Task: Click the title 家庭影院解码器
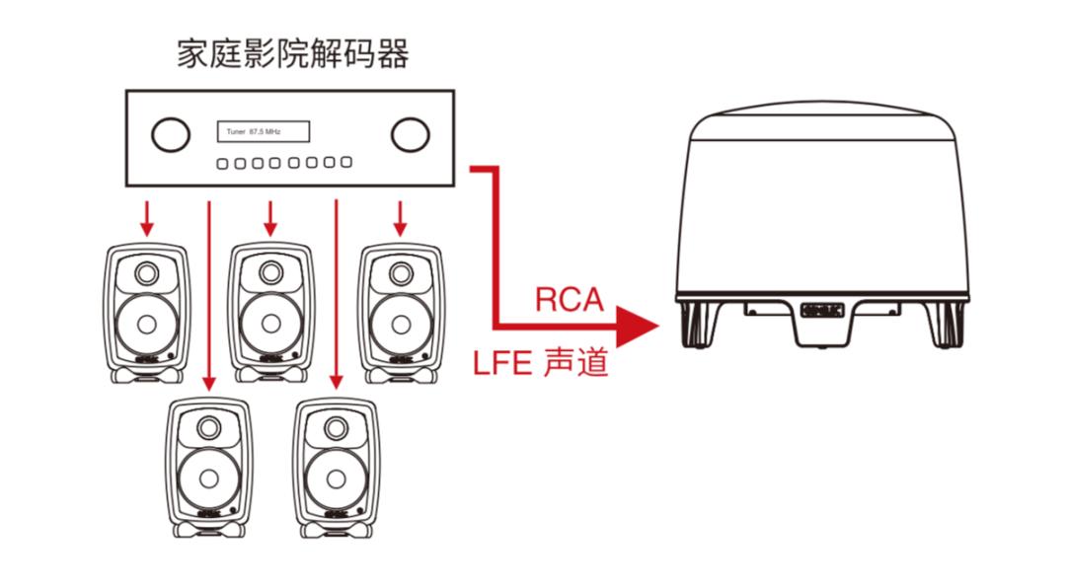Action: tap(292, 53)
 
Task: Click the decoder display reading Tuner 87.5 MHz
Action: tap(263, 131)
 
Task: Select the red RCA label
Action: tap(569, 299)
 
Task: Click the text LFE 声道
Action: tap(540, 363)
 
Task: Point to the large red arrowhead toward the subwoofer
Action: tap(636, 324)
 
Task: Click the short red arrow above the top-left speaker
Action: tap(147, 218)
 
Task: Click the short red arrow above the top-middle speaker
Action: tap(270, 218)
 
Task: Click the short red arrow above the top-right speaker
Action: tap(400, 218)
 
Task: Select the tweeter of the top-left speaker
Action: tap(147, 272)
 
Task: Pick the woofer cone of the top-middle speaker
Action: tap(270, 324)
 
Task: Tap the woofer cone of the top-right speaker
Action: tap(400, 324)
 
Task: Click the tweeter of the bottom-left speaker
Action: tap(209, 428)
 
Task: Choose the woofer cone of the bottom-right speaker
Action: tap(337, 478)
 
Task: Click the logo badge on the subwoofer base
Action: tap(819, 309)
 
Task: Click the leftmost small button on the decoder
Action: tap(223, 163)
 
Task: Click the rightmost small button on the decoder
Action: tap(346, 163)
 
